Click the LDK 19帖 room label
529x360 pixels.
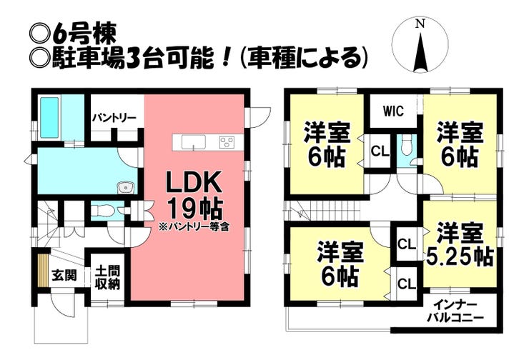point(194,195)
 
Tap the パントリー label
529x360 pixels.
point(114,118)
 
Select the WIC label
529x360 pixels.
point(393,111)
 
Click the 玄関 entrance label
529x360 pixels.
point(64,276)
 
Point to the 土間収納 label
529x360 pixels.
point(108,278)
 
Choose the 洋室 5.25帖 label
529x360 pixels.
point(460,245)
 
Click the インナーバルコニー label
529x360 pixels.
point(455,311)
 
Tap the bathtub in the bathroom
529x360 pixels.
point(50,117)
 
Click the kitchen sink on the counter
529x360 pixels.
point(193,142)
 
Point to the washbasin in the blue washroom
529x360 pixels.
point(126,187)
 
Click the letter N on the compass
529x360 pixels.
point(420,24)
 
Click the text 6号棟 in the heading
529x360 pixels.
point(84,34)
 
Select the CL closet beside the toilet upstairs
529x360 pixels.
point(380,151)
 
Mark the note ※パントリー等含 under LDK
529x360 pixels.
point(194,227)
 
